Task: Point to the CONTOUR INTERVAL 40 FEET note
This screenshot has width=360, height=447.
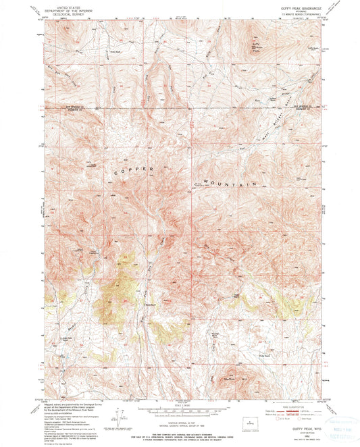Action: (x=179, y=420)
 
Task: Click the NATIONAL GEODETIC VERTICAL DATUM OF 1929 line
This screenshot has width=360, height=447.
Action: (x=179, y=423)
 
